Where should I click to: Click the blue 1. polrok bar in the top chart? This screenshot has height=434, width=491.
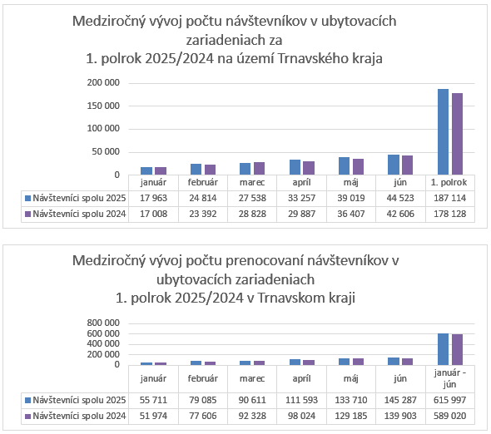pos(443,131)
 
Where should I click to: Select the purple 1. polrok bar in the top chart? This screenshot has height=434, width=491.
pos(457,134)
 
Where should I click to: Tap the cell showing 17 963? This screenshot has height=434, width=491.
pos(153,198)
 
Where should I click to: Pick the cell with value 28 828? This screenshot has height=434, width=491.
pos(252,214)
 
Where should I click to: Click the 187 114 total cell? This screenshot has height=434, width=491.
pos(450,198)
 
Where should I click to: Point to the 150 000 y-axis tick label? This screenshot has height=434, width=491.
pos(103,106)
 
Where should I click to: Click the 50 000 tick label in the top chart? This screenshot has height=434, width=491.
pos(106,152)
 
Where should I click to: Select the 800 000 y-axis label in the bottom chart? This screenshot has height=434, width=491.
pos(103,323)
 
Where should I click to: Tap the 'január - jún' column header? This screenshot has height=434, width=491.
pos(450,378)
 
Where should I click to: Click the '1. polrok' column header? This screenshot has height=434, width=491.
pos(449,182)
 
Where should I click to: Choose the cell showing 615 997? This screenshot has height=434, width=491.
pos(450,400)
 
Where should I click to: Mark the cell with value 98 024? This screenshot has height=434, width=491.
pos(301,417)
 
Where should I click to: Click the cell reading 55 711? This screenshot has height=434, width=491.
pos(153,400)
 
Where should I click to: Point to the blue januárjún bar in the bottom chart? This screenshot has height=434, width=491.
pos(443,349)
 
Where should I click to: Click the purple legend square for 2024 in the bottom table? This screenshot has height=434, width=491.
pos(27,417)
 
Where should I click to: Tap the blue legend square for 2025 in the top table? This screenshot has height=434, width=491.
pos(27,199)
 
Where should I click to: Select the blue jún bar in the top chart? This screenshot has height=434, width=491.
pos(394,165)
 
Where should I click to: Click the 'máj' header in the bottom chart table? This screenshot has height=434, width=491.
pos(350,378)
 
